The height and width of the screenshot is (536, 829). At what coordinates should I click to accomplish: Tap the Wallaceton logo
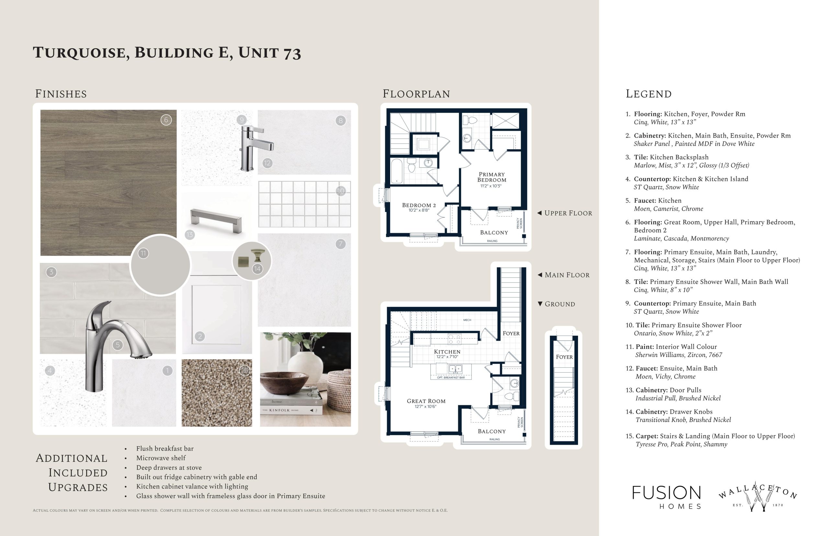click(x=758, y=497)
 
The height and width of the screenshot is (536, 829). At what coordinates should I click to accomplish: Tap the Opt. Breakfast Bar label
click(x=451, y=378)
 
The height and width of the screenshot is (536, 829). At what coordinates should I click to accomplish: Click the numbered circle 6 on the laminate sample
click(x=166, y=120)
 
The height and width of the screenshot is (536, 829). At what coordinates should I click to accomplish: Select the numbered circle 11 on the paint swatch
click(x=143, y=253)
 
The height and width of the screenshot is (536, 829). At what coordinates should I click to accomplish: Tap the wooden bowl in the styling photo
click(x=284, y=383)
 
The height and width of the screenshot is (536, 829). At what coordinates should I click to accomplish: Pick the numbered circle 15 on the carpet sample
click(x=244, y=371)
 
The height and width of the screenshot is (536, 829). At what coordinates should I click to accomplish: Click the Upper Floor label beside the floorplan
click(x=564, y=213)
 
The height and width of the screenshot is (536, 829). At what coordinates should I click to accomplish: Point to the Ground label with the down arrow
click(x=556, y=304)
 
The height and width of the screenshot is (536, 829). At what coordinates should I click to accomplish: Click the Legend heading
click(x=648, y=94)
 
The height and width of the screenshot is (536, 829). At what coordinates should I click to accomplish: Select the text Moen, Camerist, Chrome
click(x=668, y=209)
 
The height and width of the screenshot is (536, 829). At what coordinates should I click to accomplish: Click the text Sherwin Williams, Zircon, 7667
click(x=679, y=355)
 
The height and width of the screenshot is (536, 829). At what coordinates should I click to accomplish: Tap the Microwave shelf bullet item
click(x=161, y=458)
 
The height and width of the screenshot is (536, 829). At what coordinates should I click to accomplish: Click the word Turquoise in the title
click(x=82, y=53)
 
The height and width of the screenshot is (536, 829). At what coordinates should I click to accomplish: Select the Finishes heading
click(x=61, y=94)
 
